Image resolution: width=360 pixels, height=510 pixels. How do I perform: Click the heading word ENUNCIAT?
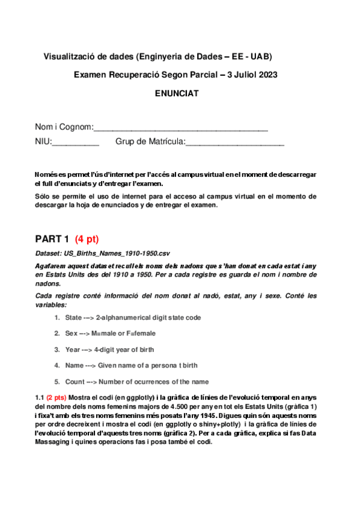(176, 93)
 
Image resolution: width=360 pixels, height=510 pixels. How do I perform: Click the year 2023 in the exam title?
(266, 75)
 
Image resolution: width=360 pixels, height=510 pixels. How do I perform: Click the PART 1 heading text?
(52, 238)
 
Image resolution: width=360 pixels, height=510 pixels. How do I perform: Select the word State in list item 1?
(73, 318)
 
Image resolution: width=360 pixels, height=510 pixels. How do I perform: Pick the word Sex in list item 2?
(72, 333)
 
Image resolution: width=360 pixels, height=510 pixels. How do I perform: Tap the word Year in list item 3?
(73, 349)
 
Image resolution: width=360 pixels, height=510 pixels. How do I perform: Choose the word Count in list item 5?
(75, 381)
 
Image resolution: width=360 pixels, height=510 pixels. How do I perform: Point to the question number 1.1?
(40, 398)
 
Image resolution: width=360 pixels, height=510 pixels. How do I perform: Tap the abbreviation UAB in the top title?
(260, 57)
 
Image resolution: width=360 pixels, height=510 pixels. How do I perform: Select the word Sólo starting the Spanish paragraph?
(43, 197)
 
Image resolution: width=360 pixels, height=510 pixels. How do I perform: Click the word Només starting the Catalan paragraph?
(46, 174)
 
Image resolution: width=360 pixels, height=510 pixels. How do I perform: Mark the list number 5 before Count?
(56, 381)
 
